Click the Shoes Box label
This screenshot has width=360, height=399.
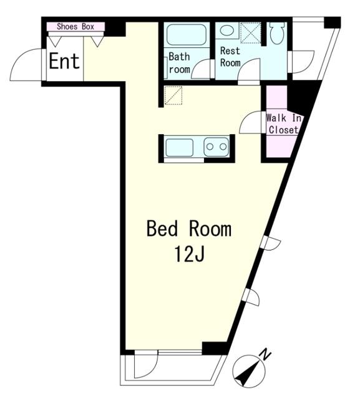tap(75, 26)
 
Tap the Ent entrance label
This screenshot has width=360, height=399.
tap(64, 61)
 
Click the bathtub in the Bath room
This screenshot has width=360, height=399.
tap(187, 35)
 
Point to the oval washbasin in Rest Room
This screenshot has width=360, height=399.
tap(227, 31)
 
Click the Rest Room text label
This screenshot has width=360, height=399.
tap(230, 57)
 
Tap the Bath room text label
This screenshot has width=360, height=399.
tap(179, 62)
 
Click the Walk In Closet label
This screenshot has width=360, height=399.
tap(283, 124)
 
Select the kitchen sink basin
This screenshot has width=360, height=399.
tap(179, 147)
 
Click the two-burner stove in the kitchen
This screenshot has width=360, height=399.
tap(216, 147)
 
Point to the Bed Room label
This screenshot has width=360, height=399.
tap(189, 229)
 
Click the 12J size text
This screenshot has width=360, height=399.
tap(189, 254)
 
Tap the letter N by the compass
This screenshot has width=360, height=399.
tap(265, 355)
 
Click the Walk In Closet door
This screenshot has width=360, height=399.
tap(251, 122)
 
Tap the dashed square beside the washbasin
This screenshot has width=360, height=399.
tap(251, 32)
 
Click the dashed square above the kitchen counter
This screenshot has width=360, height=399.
tap(173, 95)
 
